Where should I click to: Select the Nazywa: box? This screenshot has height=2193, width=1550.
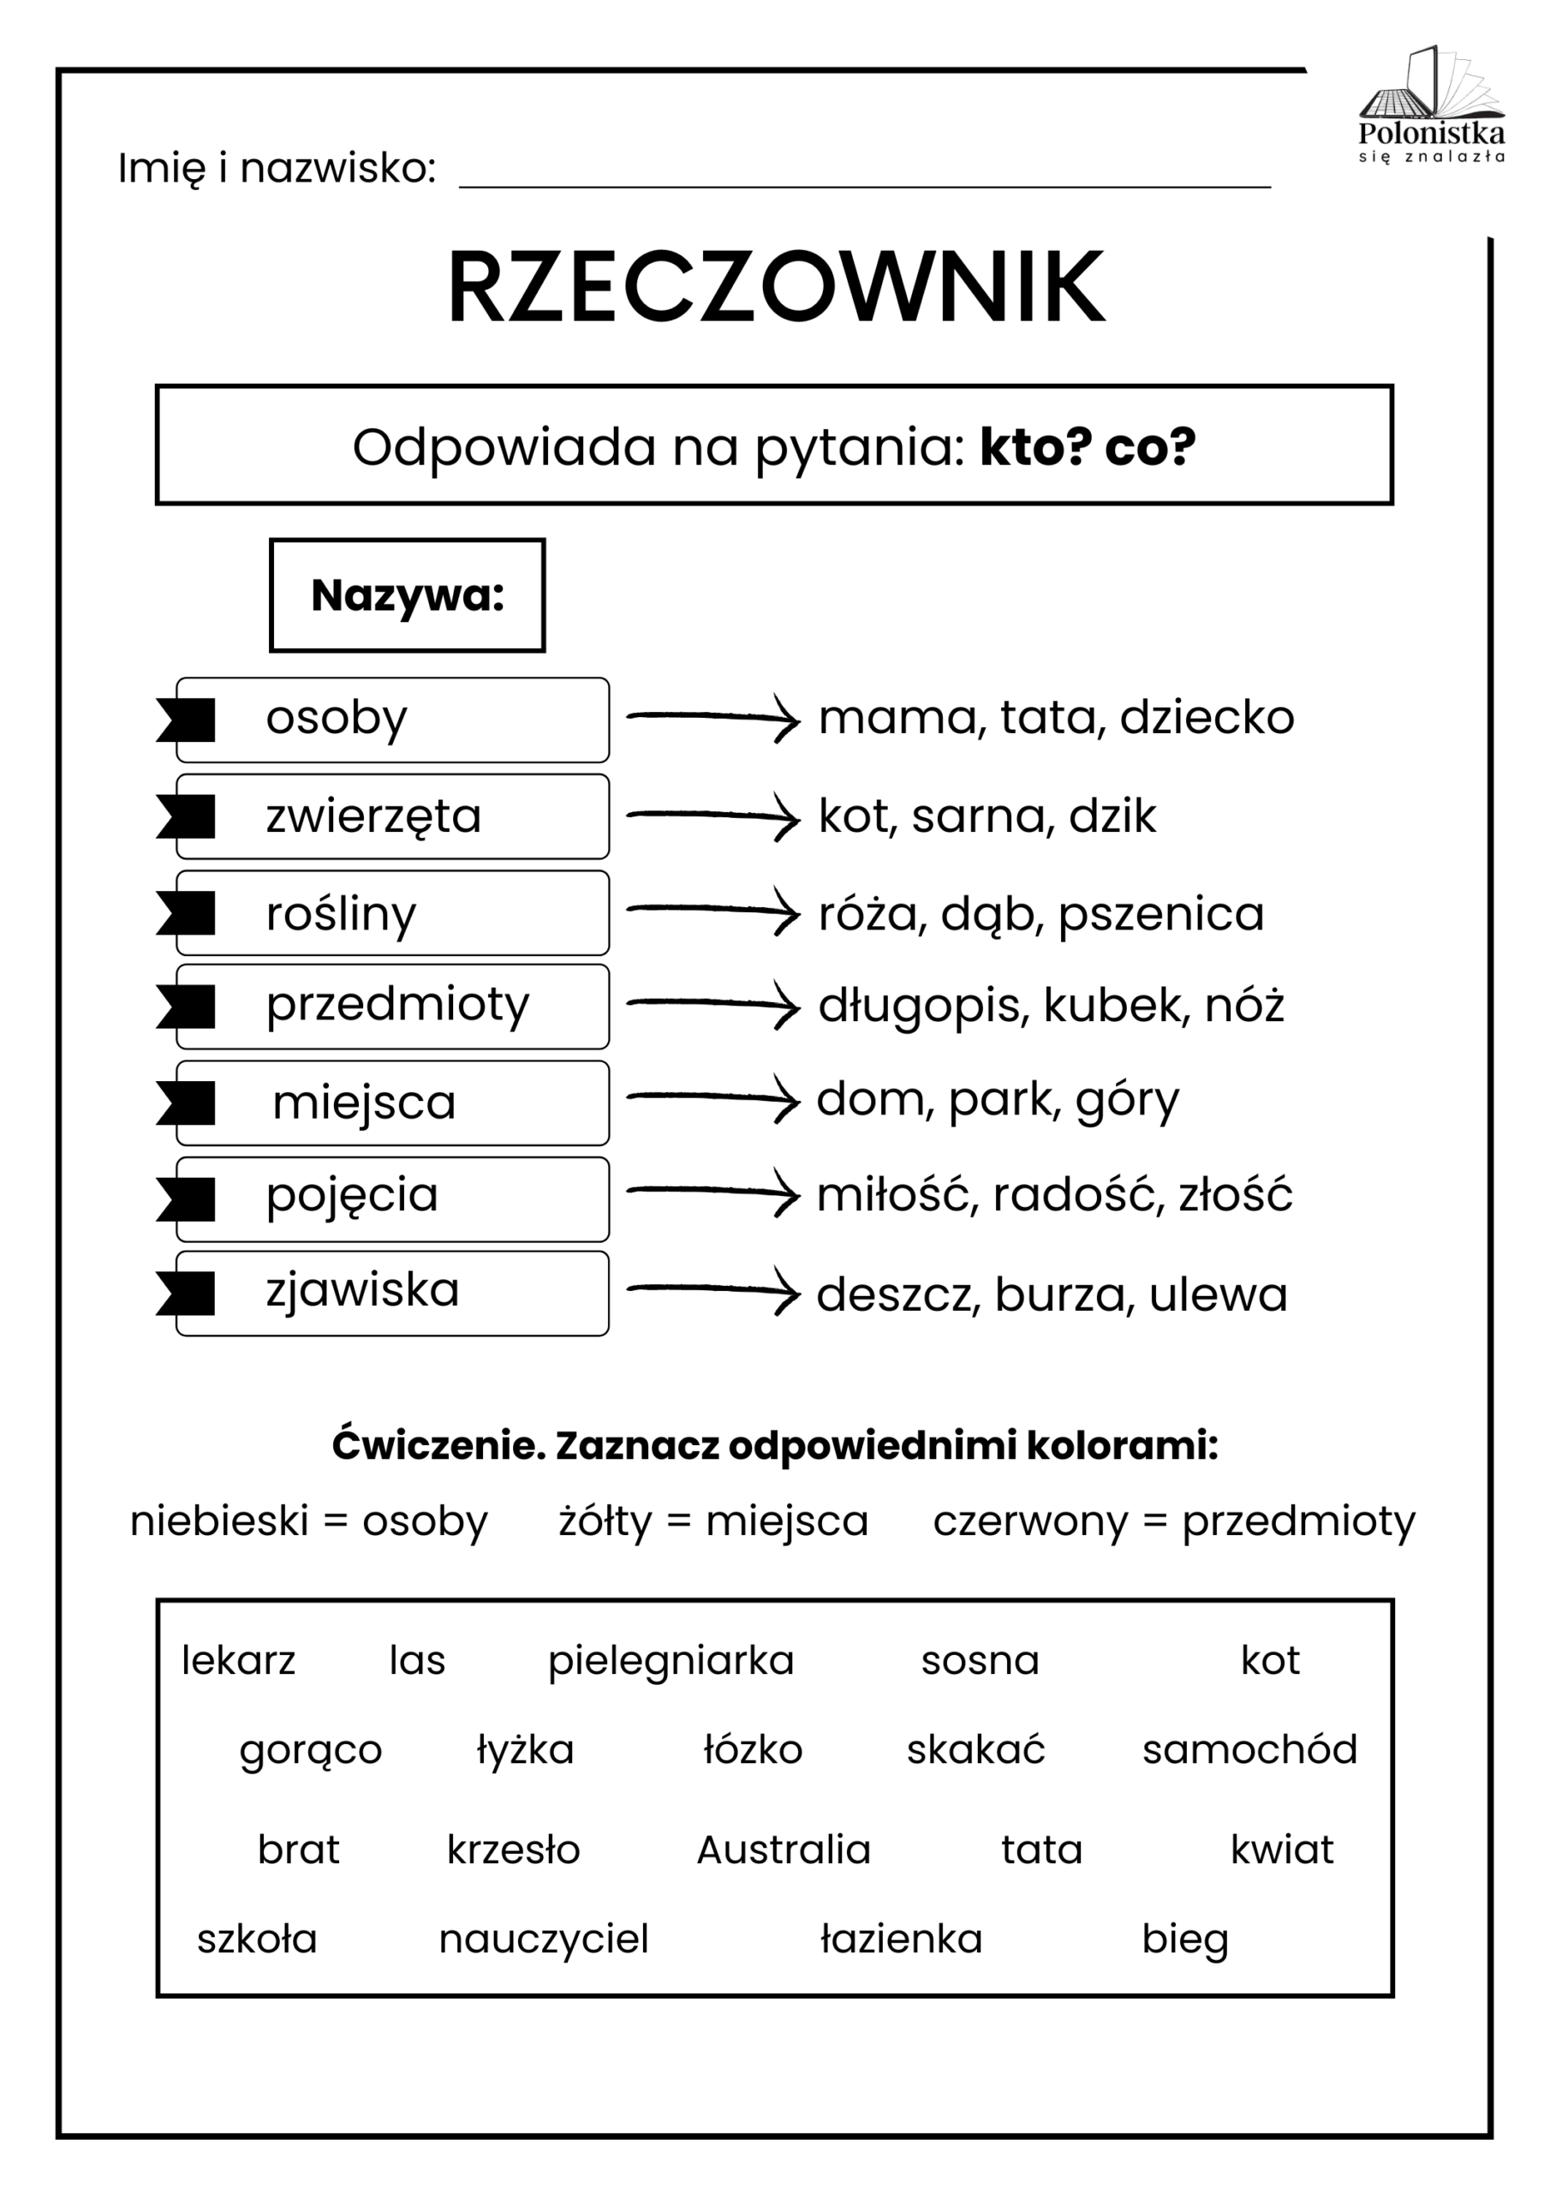click(x=408, y=596)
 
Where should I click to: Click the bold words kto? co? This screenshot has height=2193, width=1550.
click(x=1087, y=446)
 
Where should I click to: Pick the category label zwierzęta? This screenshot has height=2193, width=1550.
click(x=373, y=816)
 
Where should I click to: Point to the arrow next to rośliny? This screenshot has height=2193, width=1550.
click(x=713, y=911)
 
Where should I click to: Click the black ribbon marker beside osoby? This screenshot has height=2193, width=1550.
click(x=188, y=720)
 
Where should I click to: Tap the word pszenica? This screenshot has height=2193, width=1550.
click(x=1160, y=914)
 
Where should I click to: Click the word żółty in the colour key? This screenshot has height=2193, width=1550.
click(x=605, y=1521)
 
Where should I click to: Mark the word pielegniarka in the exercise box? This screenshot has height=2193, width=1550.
click(x=671, y=1661)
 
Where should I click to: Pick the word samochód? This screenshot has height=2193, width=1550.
click(x=1249, y=1750)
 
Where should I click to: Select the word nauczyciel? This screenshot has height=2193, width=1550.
click(x=544, y=1939)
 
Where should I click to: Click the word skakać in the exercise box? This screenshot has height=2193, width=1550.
click(x=975, y=1750)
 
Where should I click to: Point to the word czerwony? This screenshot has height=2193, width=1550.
click(x=1030, y=1521)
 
